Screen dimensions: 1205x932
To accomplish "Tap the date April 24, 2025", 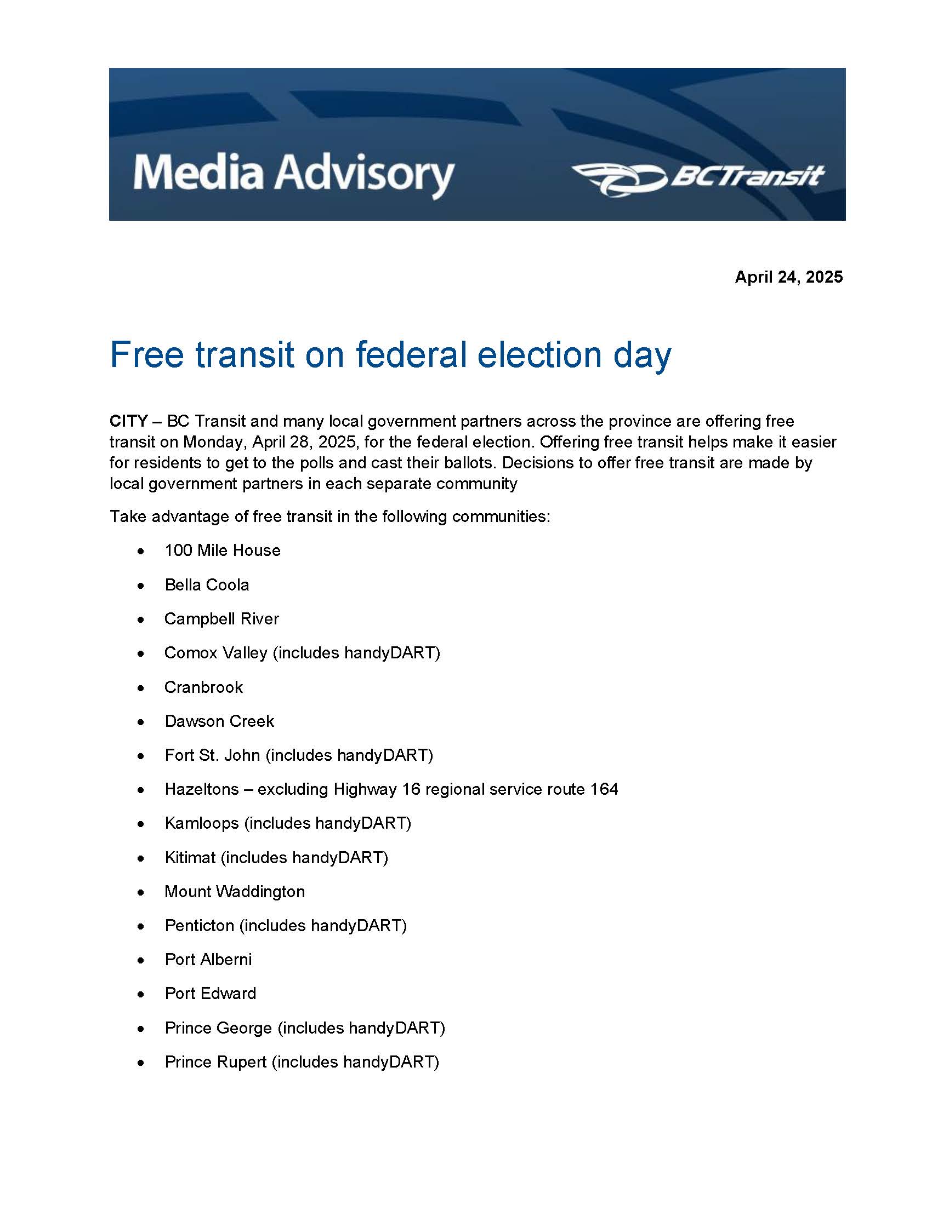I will coord(788,277).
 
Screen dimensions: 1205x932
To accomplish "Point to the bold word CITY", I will coord(128,422).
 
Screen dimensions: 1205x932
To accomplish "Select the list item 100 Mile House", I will coord(223,550).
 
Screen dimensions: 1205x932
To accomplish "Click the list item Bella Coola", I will coord(207,585).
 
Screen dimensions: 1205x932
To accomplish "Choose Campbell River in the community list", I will coord(222,619).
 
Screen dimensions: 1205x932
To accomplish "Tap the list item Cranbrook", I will coord(204,687).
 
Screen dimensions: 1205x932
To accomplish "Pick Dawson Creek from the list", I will coord(219,722).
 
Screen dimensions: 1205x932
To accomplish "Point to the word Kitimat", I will coord(190,858).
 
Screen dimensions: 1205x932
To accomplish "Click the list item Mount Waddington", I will coord(235,892).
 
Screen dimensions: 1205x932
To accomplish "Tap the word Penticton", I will coord(200,926).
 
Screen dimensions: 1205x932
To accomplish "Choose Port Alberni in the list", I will coord(208,960).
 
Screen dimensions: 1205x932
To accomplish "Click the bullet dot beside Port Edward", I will coord(141,995).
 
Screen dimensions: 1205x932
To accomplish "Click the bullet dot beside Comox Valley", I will coord(141,654).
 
